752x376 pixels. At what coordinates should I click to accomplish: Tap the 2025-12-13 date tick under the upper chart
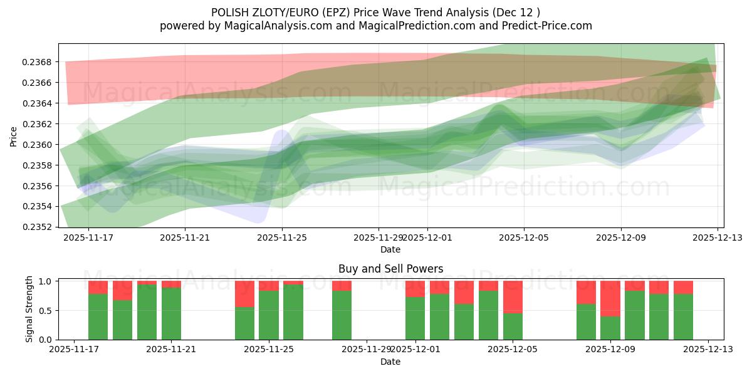[718, 238]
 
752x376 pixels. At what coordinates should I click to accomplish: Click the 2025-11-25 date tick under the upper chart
[282, 238]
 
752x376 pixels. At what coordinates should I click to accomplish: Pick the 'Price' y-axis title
[14, 136]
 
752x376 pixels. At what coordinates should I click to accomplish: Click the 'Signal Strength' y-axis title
[29, 310]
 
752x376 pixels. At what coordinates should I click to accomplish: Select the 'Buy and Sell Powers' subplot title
[390, 269]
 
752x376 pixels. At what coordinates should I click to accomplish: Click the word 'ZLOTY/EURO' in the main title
[275, 12]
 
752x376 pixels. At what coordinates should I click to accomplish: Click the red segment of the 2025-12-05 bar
[513, 296]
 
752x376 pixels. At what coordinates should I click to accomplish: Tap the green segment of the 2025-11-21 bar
[171, 313]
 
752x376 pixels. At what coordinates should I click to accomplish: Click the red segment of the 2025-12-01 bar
[415, 288]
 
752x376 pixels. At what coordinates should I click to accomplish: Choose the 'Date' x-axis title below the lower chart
[390, 362]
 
